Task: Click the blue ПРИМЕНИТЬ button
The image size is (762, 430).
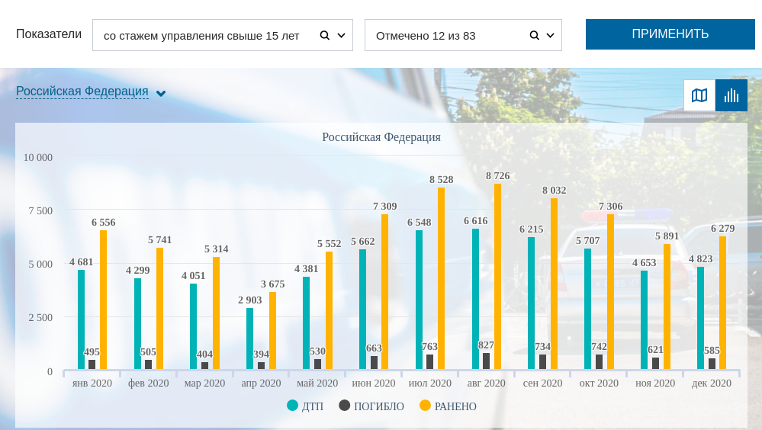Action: tap(670, 34)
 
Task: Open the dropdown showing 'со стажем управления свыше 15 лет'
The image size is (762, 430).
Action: tap(222, 35)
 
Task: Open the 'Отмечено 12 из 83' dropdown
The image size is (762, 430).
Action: tap(463, 35)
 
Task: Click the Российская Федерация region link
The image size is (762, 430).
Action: tap(82, 91)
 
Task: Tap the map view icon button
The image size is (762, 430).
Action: tap(699, 95)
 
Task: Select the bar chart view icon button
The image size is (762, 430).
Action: tap(731, 95)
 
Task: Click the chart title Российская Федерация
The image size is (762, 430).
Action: tap(381, 137)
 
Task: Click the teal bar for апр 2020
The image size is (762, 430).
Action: tap(249, 339)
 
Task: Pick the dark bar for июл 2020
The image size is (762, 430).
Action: tap(429, 362)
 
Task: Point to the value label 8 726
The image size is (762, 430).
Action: tap(497, 176)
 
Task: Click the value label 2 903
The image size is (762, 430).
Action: tap(249, 300)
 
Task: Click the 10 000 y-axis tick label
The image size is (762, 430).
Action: tap(38, 158)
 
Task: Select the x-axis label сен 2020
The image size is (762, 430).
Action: tap(542, 383)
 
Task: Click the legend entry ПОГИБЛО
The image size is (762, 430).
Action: tap(371, 406)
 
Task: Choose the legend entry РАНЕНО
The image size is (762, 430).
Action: tap(449, 406)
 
